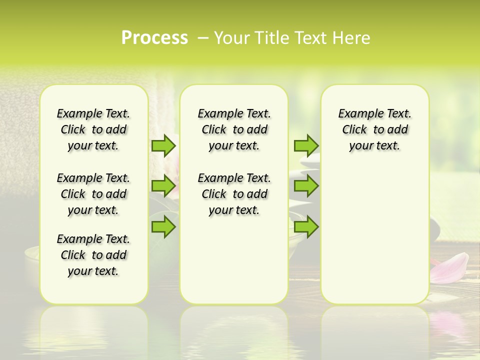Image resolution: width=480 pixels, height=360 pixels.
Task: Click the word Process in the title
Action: tap(154, 38)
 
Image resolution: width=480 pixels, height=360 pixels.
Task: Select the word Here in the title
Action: tap(352, 38)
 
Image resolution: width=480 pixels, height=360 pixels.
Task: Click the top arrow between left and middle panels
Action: tap(163, 145)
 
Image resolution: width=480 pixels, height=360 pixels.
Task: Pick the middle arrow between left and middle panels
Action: tap(163, 186)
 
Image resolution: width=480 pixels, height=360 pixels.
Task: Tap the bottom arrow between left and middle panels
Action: tap(163, 226)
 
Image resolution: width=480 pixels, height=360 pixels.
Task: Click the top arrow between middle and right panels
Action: tap(306, 145)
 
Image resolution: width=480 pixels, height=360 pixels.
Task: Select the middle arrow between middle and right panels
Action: tap(306, 186)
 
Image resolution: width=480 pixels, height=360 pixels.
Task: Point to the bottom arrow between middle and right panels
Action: tap(306, 226)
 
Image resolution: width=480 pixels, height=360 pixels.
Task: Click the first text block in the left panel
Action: tap(93, 129)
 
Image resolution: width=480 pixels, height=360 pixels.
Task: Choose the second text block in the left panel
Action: tap(93, 194)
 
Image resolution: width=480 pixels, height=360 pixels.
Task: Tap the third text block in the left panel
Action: tap(93, 255)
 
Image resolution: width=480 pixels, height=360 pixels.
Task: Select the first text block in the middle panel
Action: tap(234, 129)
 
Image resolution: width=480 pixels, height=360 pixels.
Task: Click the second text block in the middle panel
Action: tap(234, 194)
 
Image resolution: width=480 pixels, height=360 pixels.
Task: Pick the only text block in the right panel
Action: tap(375, 129)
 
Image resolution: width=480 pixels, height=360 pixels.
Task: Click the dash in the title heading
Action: tap(203, 38)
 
